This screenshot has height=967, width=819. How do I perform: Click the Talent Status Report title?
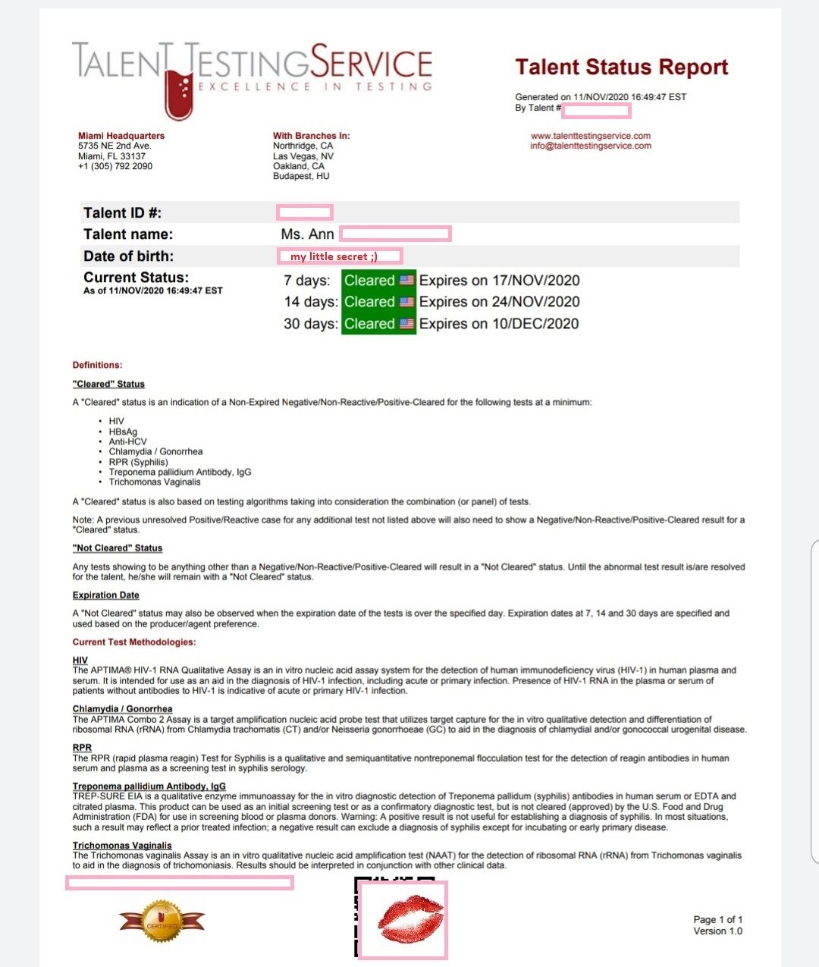pos(621,68)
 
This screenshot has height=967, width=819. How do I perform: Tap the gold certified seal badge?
pos(162,921)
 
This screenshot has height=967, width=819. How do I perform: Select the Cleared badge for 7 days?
pos(378,281)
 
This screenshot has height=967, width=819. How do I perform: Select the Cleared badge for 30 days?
pos(378,324)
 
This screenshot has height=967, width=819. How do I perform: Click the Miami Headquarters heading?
pos(121,136)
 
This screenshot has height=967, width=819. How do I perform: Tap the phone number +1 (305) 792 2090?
pos(115,166)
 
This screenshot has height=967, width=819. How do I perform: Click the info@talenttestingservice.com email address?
pos(591,146)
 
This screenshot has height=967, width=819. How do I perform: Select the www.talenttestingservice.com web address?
pos(591,136)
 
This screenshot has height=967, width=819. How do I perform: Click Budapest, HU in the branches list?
pos(301,176)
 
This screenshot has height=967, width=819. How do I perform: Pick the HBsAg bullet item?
pos(123,432)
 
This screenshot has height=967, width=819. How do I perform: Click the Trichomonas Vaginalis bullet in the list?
pos(155,482)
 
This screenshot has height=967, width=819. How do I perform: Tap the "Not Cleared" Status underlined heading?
pos(118,548)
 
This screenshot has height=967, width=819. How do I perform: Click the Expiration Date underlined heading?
pos(106,595)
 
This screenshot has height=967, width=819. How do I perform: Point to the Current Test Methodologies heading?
pos(134,642)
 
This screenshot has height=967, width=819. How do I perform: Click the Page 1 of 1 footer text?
pos(717,919)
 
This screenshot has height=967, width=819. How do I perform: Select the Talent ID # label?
pos(122,213)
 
